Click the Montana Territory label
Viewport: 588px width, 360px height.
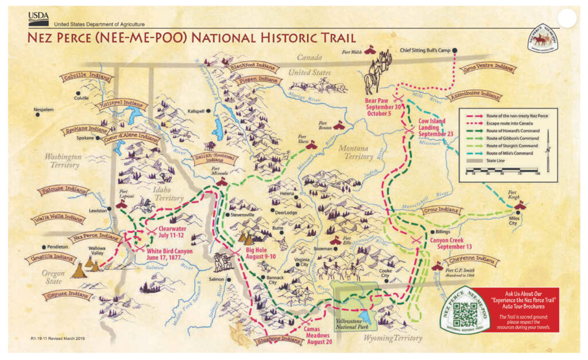356,152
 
